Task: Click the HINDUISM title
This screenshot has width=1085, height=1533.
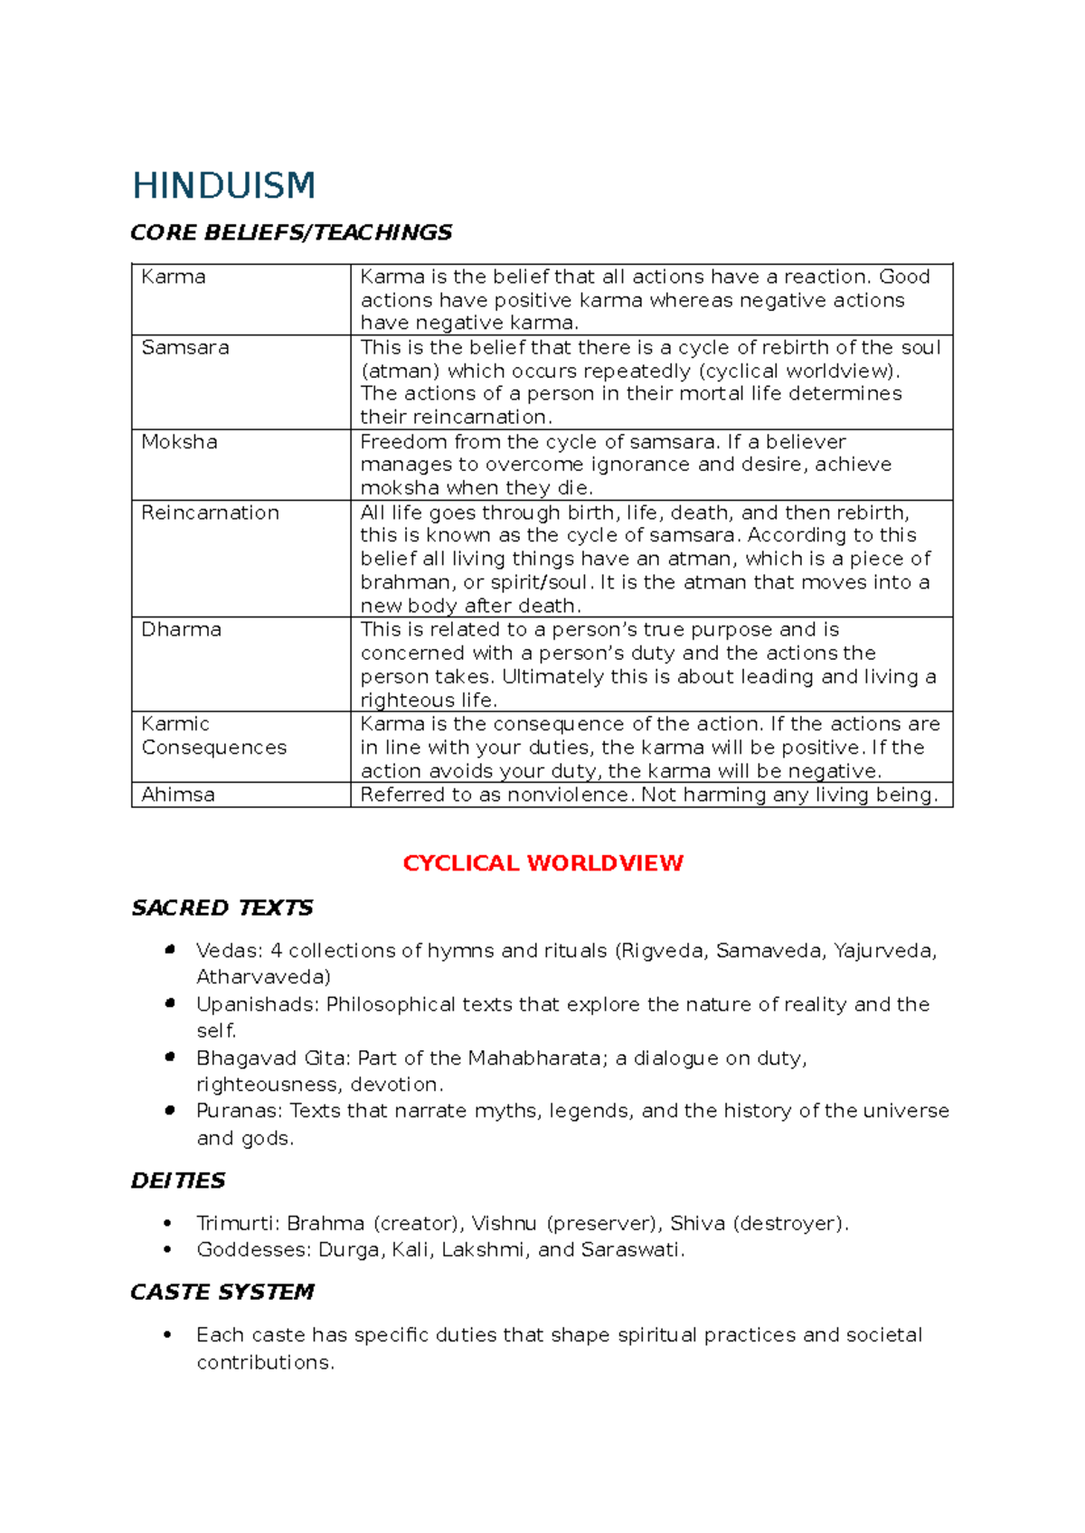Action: [224, 186]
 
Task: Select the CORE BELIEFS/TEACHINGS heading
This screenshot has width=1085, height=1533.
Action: [291, 233]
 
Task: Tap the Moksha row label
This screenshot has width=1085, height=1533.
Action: [179, 442]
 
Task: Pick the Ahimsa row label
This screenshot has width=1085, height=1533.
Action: [178, 795]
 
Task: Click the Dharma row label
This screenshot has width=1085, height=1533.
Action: [181, 629]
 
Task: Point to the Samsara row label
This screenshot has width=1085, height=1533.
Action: [185, 348]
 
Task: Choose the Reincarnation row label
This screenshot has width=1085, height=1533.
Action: [210, 513]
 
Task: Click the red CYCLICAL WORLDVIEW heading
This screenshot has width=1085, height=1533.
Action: [542, 863]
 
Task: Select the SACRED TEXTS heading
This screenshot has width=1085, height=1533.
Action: [222, 908]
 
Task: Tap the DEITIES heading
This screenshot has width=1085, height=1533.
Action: [178, 1180]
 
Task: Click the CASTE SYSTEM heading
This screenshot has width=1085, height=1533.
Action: [222, 1292]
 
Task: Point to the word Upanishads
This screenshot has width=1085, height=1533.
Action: [257, 1004]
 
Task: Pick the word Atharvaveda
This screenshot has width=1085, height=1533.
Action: [260, 977]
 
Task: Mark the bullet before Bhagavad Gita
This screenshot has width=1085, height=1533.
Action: [169, 1057]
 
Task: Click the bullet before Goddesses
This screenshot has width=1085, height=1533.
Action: [167, 1249]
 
